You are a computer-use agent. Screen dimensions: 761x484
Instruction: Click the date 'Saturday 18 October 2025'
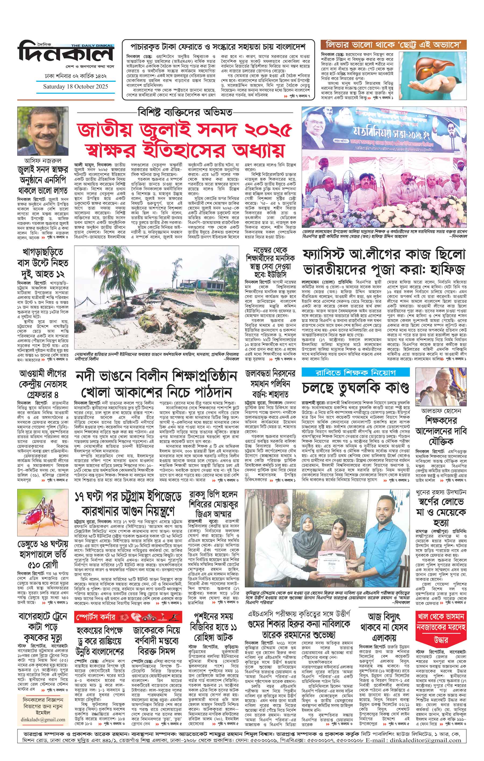[x=76, y=86]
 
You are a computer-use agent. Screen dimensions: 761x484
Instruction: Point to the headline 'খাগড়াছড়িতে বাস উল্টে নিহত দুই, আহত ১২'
[x=43, y=263]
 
